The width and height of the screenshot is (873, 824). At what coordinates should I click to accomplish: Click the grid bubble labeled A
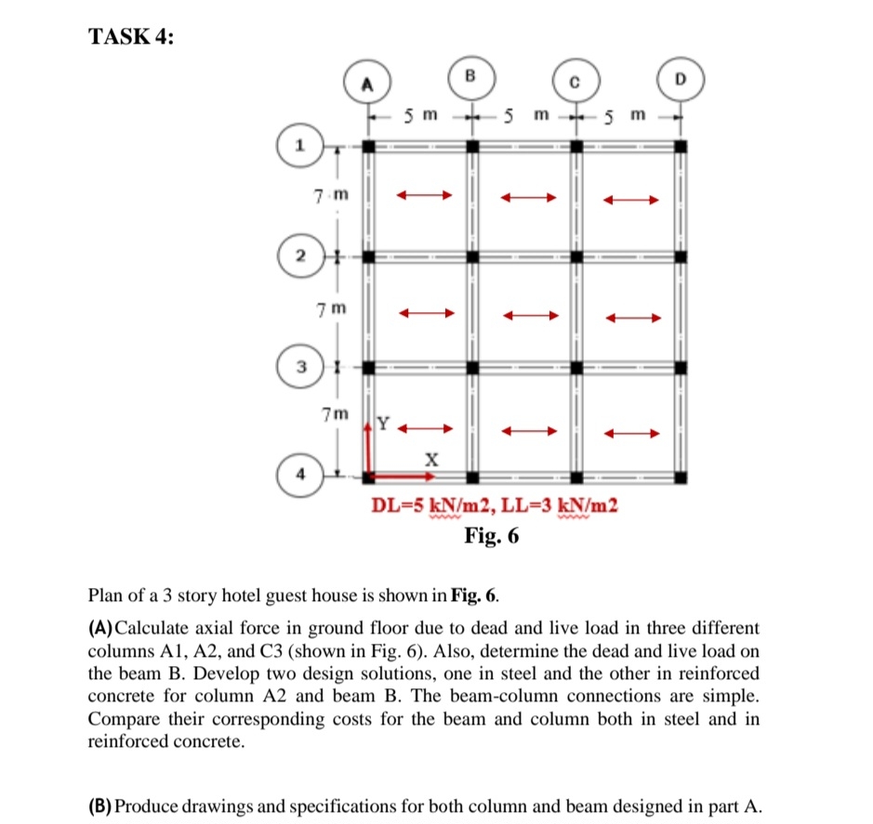pos(367,84)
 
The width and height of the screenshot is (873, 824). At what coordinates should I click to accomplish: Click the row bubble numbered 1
pos(299,146)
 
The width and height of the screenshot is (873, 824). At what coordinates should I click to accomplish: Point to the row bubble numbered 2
pos(299,255)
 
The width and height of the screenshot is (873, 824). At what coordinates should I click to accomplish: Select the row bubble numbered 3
pos(299,367)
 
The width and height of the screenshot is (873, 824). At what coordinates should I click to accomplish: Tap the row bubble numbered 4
pos(299,477)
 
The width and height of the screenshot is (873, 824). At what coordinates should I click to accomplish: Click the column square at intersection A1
pos(369,146)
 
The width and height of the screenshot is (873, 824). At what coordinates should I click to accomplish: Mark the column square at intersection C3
pos(576,367)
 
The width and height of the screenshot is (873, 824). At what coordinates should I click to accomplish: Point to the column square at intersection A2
pos(369,255)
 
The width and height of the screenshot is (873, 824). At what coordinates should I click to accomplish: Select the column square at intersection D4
pos(681,477)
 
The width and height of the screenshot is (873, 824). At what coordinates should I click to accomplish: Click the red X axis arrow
pos(402,477)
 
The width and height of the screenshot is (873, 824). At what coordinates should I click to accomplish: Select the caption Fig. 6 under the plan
pos(492,536)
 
